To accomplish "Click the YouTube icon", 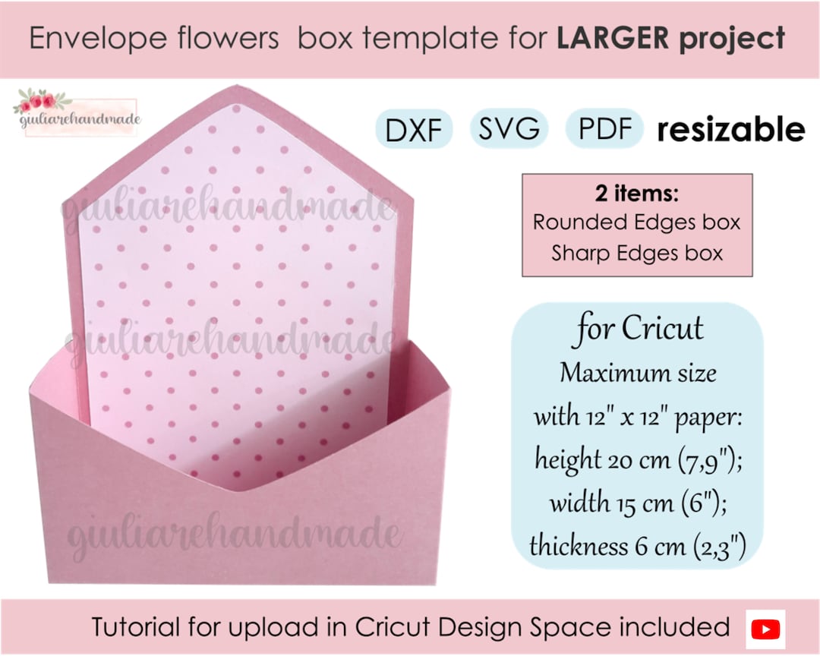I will point(765,629).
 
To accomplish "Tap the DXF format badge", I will point(414,131).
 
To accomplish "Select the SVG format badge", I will point(509,130).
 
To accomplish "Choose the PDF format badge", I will point(605,130).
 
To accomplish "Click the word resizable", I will point(730,130).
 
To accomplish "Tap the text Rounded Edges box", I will point(636,222).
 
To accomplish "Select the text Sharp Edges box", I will point(637,252).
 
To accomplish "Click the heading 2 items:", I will point(636,194).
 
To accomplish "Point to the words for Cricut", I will point(639,330).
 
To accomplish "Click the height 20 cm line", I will point(638,460).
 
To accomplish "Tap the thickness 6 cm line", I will point(638,545).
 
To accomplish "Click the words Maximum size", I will point(638,374).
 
